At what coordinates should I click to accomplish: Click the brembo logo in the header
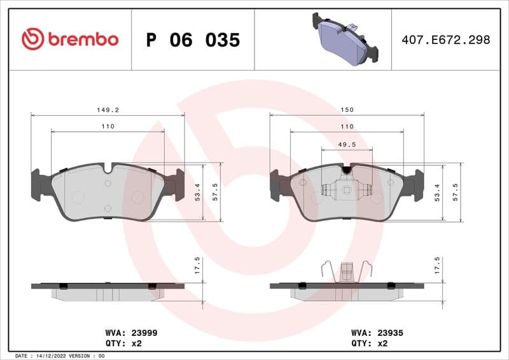(69, 39)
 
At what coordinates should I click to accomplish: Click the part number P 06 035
(193, 40)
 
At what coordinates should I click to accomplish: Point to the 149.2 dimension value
(108, 109)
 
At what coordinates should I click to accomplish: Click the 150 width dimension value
(347, 109)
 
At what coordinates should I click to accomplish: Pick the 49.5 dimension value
(347, 145)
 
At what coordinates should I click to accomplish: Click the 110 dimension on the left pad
(108, 127)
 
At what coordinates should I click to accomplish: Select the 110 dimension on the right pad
(347, 127)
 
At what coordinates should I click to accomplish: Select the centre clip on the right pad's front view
(347, 189)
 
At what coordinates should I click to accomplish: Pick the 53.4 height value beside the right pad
(436, 191)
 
